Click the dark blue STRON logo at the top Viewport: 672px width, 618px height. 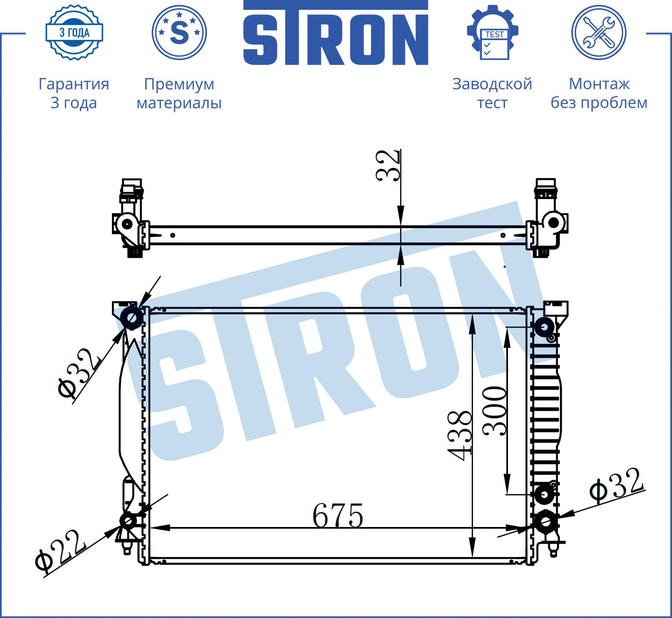[336, 33]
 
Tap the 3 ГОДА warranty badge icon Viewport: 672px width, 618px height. [74, 32]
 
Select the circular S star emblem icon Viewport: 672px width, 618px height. [179, 32]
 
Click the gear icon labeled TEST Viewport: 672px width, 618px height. [493, 32]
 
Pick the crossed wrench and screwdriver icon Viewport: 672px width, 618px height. [599, 32]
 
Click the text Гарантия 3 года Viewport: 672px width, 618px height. [74, 93]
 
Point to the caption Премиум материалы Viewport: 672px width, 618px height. [179, 93]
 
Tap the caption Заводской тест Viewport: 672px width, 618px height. [492, 93]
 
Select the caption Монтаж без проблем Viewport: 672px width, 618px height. [599, 93]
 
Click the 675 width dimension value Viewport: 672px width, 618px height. [338, 515]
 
